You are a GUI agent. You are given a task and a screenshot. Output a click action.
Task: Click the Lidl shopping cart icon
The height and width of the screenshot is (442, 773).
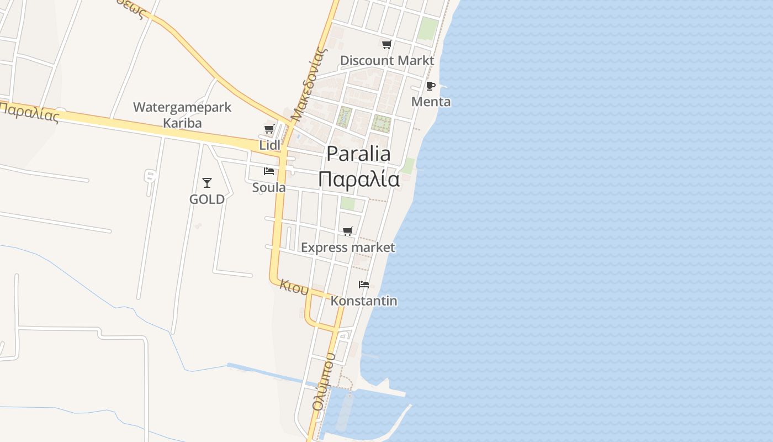click(x=269, y=129)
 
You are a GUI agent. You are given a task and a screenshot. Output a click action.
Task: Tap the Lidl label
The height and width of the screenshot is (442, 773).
click(x=270, y=145)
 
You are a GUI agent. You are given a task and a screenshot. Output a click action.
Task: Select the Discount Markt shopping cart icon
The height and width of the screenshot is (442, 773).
click(x=387, y=45)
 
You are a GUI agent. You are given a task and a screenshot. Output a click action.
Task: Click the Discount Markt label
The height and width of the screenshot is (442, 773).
click(x=387, y=60)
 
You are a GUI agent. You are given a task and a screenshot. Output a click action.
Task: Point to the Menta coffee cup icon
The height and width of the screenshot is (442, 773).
click(x=431, y=86)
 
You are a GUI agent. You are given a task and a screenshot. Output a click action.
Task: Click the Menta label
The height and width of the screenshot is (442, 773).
click(x=431, y=102)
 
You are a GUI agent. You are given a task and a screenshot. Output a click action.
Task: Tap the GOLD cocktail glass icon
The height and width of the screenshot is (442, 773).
click(x=207, y=183)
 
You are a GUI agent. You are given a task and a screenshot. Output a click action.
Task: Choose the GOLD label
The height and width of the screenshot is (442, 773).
click(x=207, y=199)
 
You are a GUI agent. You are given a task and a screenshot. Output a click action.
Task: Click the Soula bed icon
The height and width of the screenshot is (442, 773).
click(x=269, y=171)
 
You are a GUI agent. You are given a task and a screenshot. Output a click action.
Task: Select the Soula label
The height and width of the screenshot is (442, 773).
click(x=269, y=187)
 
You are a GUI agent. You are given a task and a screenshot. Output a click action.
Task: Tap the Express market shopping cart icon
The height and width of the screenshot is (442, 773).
click(x=347, y=231)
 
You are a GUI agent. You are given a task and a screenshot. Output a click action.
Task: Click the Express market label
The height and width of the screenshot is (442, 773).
click(x=348, y=248)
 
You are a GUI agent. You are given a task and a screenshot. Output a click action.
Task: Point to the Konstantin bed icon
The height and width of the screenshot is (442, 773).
click(x=364, y=285)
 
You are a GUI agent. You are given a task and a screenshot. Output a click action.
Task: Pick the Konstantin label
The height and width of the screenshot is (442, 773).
click(x=364, y=301)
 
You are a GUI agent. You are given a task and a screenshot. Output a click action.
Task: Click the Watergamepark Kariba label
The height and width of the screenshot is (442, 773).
click(x=182, y=115)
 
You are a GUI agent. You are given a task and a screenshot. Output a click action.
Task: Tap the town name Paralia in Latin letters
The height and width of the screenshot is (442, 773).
click(x=358, y=154)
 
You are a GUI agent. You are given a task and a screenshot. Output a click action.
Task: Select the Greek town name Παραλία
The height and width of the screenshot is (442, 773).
click(x=359, y=180)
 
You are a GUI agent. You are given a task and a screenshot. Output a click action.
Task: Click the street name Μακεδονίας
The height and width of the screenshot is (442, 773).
click(x=308, y=83)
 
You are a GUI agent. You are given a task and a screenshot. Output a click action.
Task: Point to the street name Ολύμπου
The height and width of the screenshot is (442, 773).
click(x=324, y=382)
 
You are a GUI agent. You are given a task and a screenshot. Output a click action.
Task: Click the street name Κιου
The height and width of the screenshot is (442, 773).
click(x=294, y=286)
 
